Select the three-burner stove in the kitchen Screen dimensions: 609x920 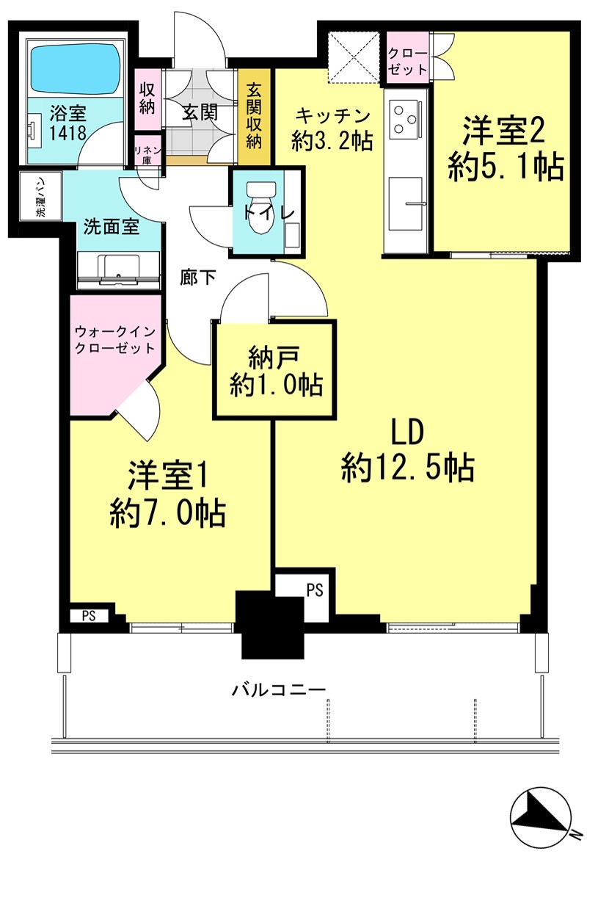tap(405, 119)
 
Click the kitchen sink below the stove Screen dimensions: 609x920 tap(406, 203)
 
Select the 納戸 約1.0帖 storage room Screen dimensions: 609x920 tap(274, 369)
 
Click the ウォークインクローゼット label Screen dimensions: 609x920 tap(115, 340)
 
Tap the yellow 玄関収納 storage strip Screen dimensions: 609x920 tap(255, 117)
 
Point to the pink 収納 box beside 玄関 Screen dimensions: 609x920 tap(147, 99)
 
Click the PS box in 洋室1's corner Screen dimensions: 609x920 tap(89, 616)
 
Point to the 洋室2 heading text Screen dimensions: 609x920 tap(503, 131)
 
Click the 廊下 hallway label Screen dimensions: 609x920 tap(198, 278)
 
